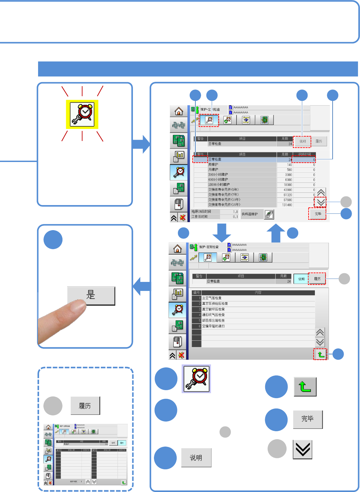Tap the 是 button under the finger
click(x=91, y=295)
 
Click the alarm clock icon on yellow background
click(x=82, y=115)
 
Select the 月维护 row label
click(x=213, y=170)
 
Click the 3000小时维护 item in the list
click(x=218, y=175)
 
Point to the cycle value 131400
click(x=287, y=205)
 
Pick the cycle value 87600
click(x=288, y=200)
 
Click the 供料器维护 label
click(x=250, y=214)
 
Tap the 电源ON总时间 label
click(x=201, y=212)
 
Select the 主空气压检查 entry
click(x=212, y=298)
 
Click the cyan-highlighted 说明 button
click(x=301, y=279)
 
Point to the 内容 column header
click(x=258, y=293)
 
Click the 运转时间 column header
click(x=304, y=154)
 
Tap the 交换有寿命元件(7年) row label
click(x=223, y=195)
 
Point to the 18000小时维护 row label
click(x=219, y=185)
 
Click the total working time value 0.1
click(x=235, y=217)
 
